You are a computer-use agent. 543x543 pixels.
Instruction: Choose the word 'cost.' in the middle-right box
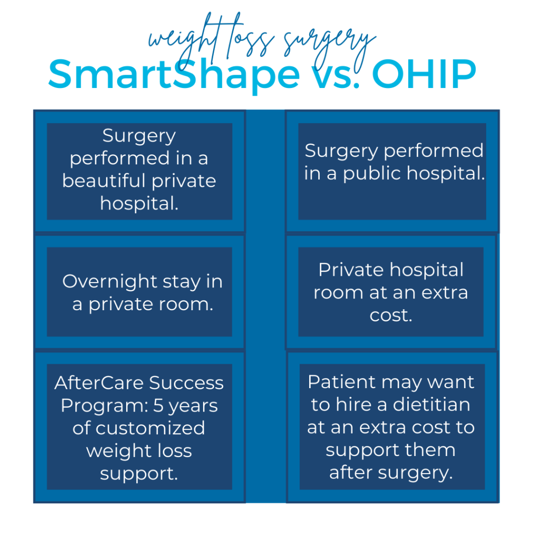pos(391,316)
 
